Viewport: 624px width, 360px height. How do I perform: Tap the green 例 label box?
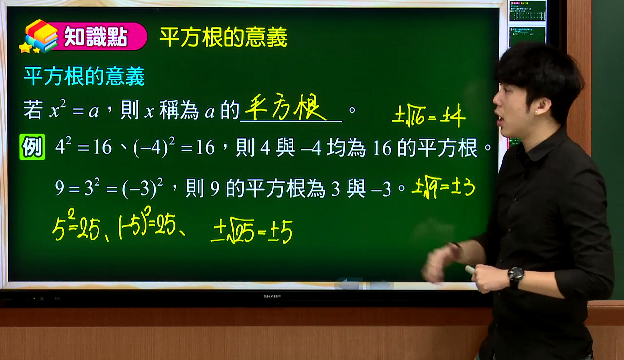pyautogui.click(x=32, y=147)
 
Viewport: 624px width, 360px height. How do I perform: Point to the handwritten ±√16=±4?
pyautogui.click(x=429, y=115)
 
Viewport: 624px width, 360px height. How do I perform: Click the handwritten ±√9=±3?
pyautogui.click(x=443, y=186)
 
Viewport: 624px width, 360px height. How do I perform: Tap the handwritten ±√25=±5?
pyautogui.click(x=251, y=230)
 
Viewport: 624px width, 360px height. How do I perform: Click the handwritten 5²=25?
pyautogui.click(x=76, y=225)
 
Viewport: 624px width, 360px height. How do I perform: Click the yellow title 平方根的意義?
pyautogui.click(x=223, y=37)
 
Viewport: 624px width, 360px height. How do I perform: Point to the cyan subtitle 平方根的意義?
pyautogui.click(x=84, y=76)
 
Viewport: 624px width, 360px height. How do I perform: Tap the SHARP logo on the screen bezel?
pyautogui.click(x=272, y=296)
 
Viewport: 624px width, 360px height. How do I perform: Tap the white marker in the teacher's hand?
pyautogui.click(x=470, y=269)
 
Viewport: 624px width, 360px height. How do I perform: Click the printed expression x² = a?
pyautogui.click(x=74, y=109)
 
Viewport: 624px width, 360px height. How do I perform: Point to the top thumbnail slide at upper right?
pyautogui.click(x=527, y=11)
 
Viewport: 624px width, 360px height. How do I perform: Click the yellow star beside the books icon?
pyautogui.click(x=25, y=48)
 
